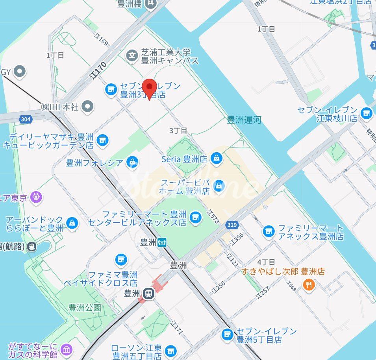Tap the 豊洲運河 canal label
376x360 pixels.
(244, 120)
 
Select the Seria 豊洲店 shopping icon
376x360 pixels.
(216, 159)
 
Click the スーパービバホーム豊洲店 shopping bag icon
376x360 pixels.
(219, 186)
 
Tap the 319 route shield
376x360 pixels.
(232, 225)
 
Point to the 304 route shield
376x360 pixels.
(26, 119)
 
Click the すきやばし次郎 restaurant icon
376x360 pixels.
(309, 284)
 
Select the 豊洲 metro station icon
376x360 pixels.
(162, 243)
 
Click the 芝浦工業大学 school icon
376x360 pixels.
(133, 56)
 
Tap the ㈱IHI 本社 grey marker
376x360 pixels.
(89, 106)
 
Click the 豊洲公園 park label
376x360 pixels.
(85, 307)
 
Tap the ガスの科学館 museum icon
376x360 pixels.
(67, 349)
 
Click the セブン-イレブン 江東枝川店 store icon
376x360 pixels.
(366, 114)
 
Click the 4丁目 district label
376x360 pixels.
(266, 262)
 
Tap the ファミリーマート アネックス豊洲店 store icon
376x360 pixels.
(269, 232)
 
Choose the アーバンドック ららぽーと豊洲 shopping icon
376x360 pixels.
(72, 223)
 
